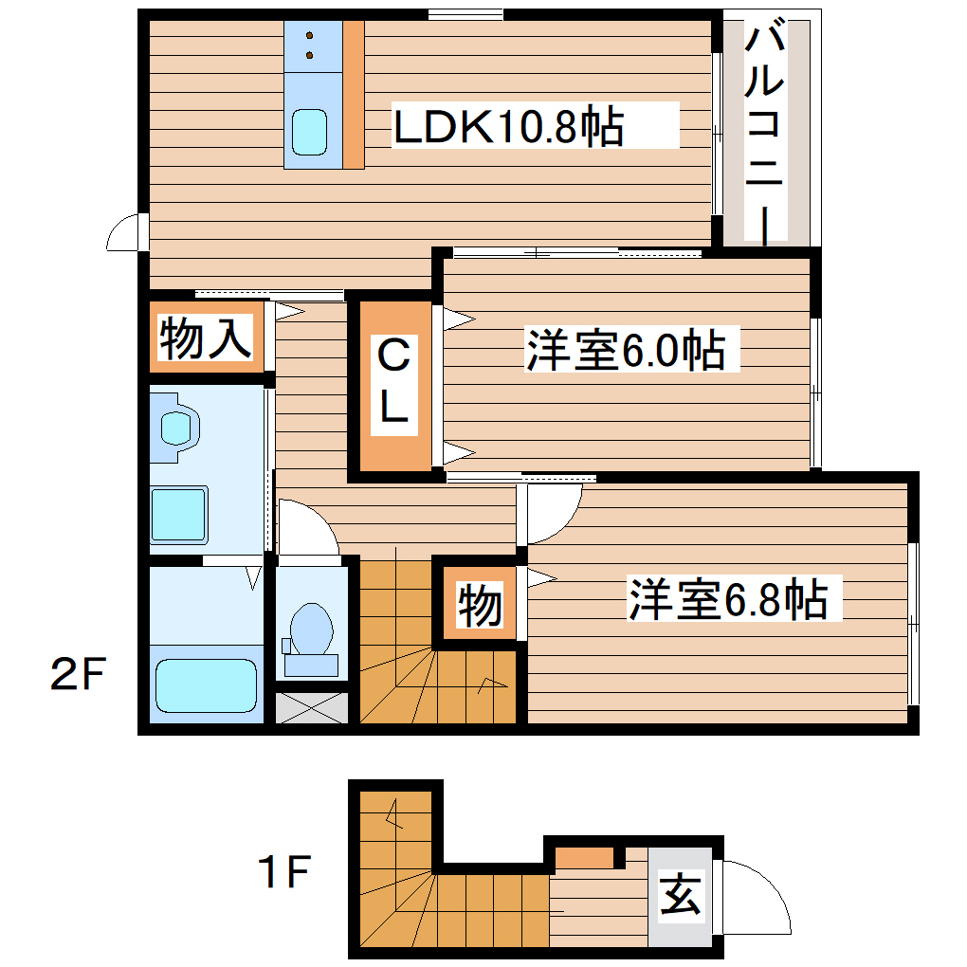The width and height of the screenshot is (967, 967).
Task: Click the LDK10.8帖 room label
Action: [x=508, y=127]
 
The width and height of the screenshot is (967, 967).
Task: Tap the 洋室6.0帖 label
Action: [x=626, y=351]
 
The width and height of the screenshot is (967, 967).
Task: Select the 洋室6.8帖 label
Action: [x=727, y=599]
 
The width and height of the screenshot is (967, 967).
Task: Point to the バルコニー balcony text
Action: [x=766, y=133]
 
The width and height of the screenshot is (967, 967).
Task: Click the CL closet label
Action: [x=394, y=382]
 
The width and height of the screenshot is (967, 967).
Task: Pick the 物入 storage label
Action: [x=206, y=338]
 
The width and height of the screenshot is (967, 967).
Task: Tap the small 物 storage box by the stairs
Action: [x=481, y=605]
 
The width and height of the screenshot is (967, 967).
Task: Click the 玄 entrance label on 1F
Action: [x=682, y=896]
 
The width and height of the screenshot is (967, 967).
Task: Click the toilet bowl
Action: [x=311, y=630]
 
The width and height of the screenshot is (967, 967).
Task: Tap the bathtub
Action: [x=207, y=685]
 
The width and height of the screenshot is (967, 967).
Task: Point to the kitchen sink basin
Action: [x=309, y=132]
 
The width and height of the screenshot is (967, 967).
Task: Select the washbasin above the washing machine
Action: [x=178, y=429]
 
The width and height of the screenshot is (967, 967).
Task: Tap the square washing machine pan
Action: [x=179, y=514]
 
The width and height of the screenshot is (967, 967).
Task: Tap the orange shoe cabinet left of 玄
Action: [x=584, y=856]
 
